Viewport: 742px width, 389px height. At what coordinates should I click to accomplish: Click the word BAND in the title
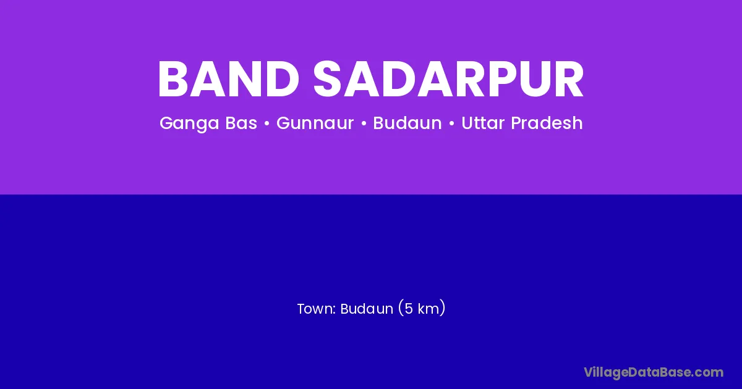tap(229, 79)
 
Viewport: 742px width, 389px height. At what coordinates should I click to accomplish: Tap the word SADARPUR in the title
tap(448, 79)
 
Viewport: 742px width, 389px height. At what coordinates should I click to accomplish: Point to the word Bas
tap(241, 123)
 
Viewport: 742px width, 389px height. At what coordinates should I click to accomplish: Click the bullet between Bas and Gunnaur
tap(267, 123)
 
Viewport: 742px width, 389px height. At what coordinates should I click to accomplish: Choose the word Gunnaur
tap(315, 123)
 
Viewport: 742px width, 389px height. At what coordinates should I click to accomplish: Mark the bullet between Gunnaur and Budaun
tap(364, 123)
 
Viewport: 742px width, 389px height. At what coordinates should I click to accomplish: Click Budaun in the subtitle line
tap(407, 123)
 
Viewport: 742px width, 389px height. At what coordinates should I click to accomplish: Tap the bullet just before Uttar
tap(451, 123)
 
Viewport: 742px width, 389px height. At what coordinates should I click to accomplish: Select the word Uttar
tap(483, 123)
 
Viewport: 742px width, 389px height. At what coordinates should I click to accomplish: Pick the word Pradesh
tap(547, 123)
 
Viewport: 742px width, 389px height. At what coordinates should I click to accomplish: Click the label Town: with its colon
tap(317, 309)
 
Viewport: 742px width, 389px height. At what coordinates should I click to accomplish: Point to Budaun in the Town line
tap(367, 309)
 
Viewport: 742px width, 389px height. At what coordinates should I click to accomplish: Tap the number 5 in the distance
tap(409, 309)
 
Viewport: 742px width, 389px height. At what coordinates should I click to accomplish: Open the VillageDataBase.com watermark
tap(654, 372)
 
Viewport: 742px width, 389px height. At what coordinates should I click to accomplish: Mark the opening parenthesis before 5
tap(401, 308)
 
